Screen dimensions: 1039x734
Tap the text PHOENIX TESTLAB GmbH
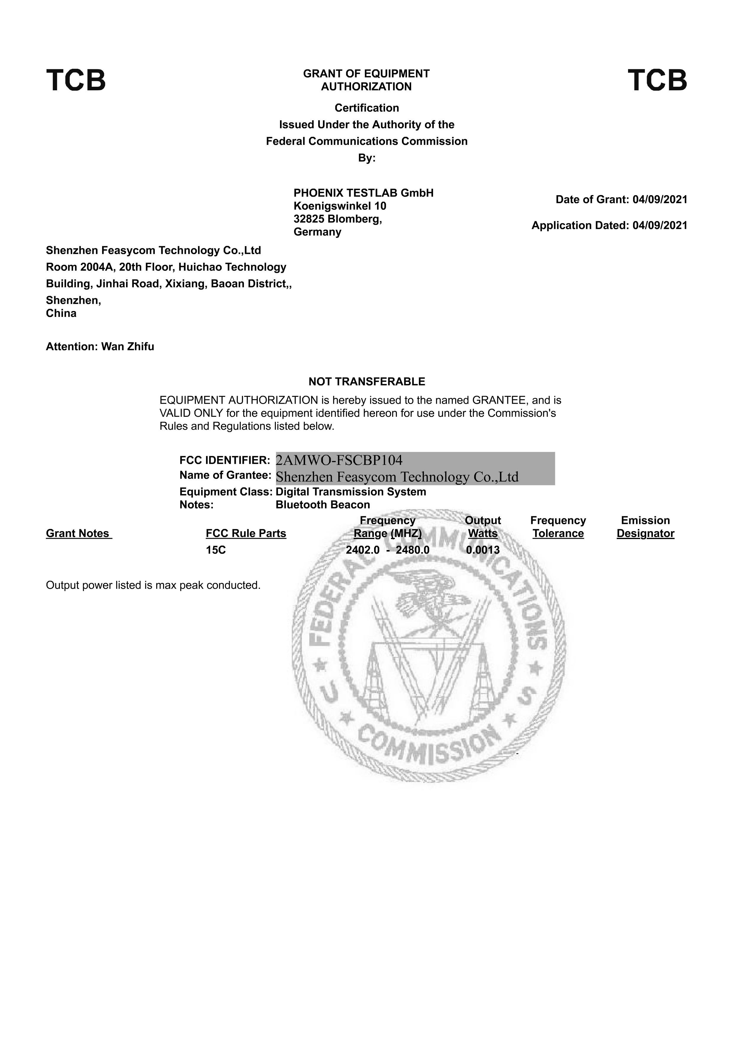click(363, 193)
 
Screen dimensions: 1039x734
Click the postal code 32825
click(309, 219)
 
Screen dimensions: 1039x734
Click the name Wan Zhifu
click(128, 347)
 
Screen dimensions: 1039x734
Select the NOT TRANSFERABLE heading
click(367, 381)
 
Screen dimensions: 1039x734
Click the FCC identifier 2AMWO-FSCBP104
click(339, 460)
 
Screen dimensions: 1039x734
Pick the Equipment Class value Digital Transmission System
click(350, 492)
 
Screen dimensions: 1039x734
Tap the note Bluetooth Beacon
click(322, 505)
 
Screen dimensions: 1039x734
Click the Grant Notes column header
click(78, 533)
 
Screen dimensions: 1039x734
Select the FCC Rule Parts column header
click(246, 533)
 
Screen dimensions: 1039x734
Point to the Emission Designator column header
click(646, 527)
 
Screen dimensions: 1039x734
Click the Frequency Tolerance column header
click(558, 527)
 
